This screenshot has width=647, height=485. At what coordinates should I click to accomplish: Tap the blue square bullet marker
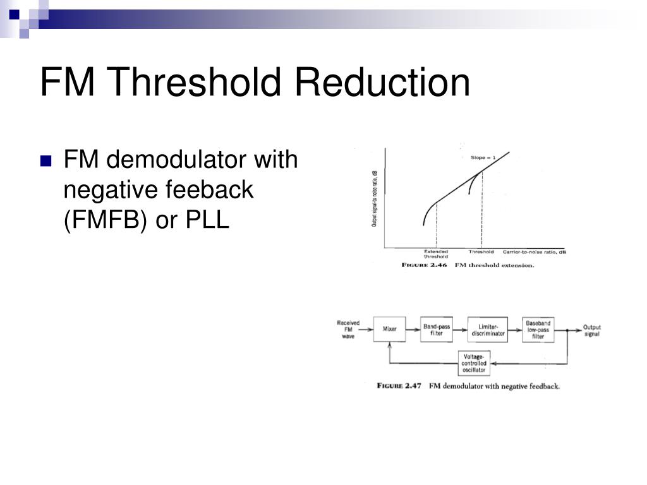click(45, 161)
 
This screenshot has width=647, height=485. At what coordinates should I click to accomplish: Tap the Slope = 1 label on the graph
click(483, 157)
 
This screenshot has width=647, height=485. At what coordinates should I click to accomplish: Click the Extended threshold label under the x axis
click(435, 254)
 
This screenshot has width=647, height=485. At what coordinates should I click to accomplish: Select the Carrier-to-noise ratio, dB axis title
click(534, 251)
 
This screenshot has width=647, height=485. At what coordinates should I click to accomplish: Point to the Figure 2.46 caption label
click(425, 265)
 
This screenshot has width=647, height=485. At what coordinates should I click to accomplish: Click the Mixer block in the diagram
click(389, 329)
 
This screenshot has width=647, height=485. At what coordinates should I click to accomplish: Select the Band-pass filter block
click(437, 330)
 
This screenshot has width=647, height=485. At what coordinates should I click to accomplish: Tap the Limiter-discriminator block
click(488, 330)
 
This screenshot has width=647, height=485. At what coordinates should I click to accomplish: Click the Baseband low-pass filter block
click(538, 330)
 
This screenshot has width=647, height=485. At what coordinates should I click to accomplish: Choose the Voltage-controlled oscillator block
click(474, 362)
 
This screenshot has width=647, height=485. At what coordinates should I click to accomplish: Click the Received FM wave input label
click(348, 329)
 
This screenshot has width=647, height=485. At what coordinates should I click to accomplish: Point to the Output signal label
click(591, 330)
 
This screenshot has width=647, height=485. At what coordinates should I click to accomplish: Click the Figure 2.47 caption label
click(399, 386)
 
